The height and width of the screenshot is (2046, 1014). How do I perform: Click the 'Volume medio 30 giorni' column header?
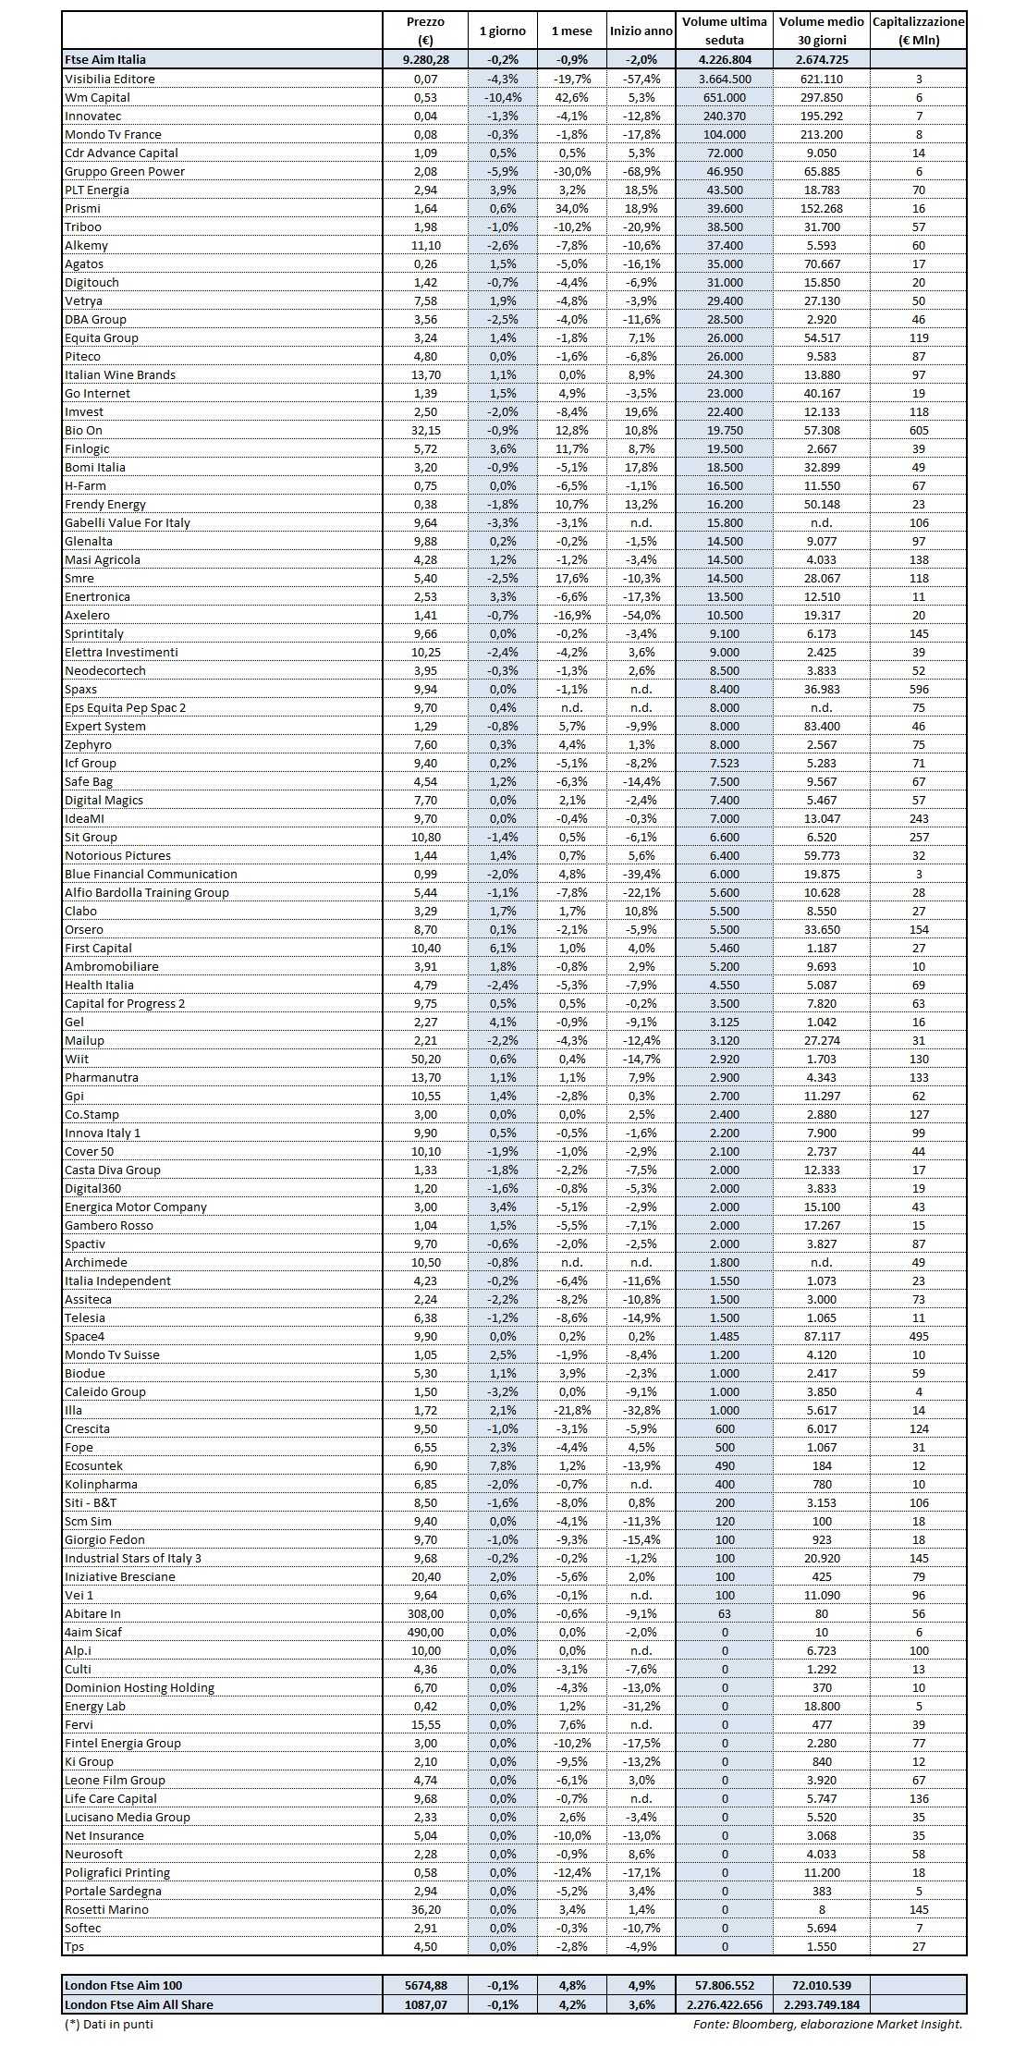(x=821, y=31)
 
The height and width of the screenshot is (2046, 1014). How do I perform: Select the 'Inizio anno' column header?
(x=641, y=31)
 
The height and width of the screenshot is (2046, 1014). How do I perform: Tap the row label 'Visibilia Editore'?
(x=110, y=79)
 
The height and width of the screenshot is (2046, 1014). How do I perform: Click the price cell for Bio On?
(x=425, y=430)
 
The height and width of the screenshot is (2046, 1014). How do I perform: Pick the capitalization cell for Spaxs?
(x=918, y=689)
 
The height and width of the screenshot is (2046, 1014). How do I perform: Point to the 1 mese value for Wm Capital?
(x=571, y=97)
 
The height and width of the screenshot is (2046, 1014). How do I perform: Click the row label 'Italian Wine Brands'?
(x=120, y=374)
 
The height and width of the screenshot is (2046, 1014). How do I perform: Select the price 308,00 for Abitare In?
(x=425, y=1613)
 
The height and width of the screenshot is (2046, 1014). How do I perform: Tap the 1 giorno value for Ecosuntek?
(x=502, y=1465)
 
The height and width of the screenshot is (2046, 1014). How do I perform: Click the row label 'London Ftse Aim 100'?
(x=123, y=1985)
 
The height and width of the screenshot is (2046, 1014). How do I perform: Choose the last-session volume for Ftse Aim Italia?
(x=724, y=59)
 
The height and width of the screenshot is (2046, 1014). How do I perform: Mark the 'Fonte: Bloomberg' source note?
(x=827, y=2024)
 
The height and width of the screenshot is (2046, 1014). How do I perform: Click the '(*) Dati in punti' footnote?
(x=109, y=2024)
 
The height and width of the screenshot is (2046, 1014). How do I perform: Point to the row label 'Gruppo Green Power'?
(x=125, y=171)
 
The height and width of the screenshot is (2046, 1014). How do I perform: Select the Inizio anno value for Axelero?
(x=641, y=615)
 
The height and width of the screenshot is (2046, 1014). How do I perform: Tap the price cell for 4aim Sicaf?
(x=425, y=1632)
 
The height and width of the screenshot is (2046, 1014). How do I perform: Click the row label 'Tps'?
(x=74, y=1946)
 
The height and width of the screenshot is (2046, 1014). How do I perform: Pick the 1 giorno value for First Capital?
(x=502, y=948)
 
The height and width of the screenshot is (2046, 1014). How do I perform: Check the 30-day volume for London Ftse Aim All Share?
(x=821, y=2004)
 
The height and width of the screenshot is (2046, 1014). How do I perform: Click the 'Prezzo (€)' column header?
(x=425, y=31)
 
